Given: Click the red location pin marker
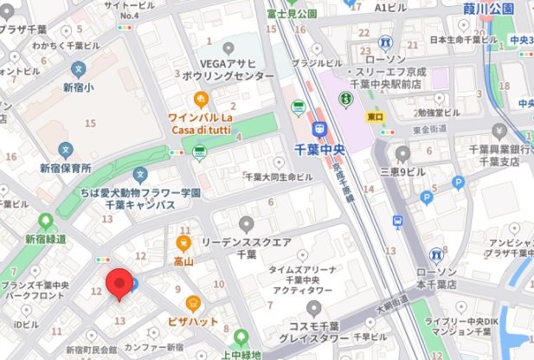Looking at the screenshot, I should tap(119, 285).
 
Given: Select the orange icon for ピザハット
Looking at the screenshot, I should tap(193, 303).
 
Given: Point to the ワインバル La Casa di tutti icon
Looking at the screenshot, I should tap(201, 98).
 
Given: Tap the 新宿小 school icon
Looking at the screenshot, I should tap(78, 68).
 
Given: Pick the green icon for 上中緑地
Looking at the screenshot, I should tap(241, 337).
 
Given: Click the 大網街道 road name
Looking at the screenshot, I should tap(390, 304).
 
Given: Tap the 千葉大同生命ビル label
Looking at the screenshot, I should tap(279, 177).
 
